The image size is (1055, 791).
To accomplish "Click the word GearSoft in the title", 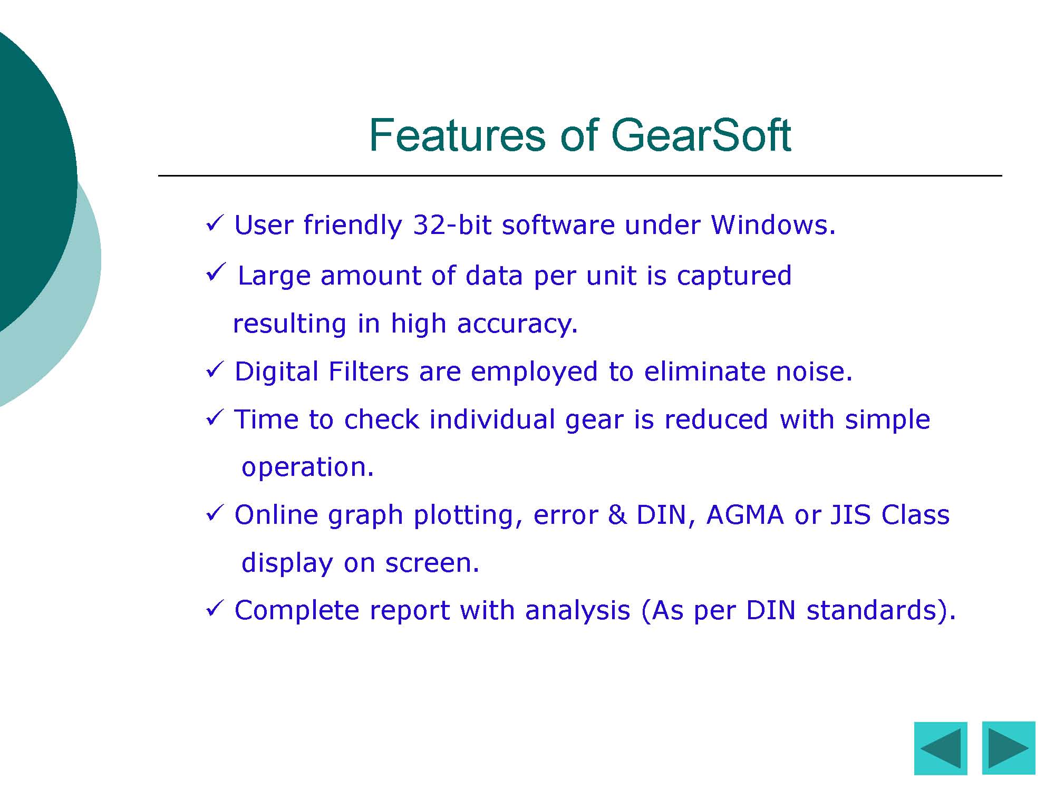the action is point(701,135).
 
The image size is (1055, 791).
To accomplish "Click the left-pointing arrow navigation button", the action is point(941,748).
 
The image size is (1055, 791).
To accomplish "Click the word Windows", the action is point(773,225).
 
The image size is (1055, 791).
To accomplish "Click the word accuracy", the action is point(518,324).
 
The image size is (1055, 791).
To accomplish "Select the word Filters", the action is point(368,372).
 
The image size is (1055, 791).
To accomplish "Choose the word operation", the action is point(307,467).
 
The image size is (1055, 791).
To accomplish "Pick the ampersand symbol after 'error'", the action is point(617,515).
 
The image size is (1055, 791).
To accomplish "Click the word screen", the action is point(432,563).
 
